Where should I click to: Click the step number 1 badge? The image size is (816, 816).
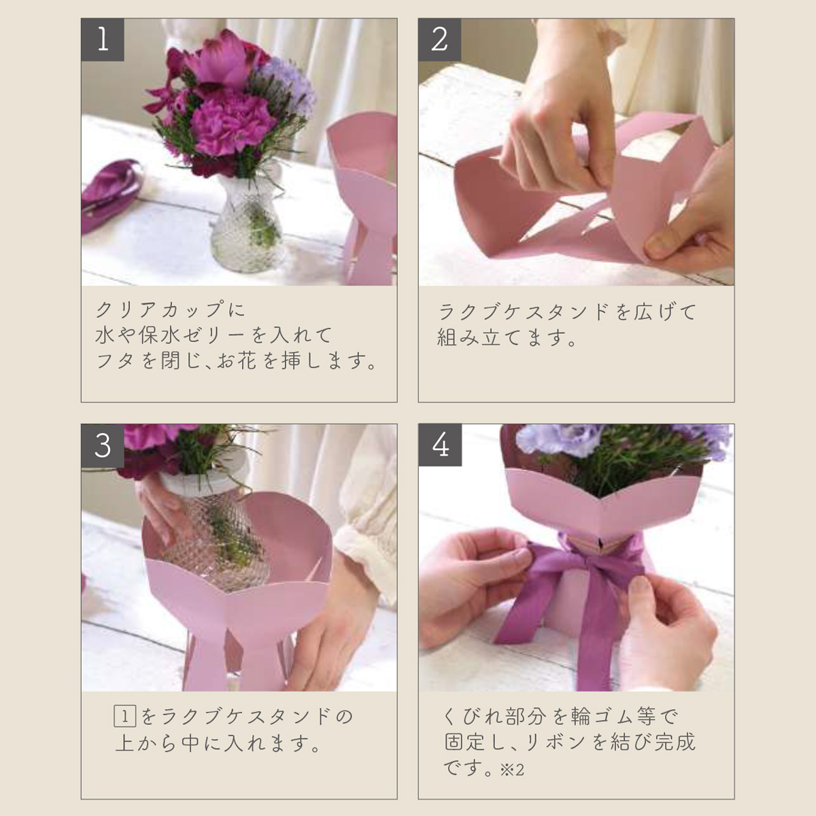pos(103,40)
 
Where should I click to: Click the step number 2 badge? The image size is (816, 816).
pos(439,40)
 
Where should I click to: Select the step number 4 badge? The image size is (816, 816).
pos(440,445)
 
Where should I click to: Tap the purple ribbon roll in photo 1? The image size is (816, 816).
pos(111,192)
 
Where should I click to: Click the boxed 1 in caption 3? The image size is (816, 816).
pos(125,716)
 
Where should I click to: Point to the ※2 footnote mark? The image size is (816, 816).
pos(512,770)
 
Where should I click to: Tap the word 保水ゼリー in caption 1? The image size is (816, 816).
pos(191,335)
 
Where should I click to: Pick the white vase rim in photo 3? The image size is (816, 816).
pos(203,481)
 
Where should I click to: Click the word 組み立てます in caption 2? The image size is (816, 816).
pos(503,338)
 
